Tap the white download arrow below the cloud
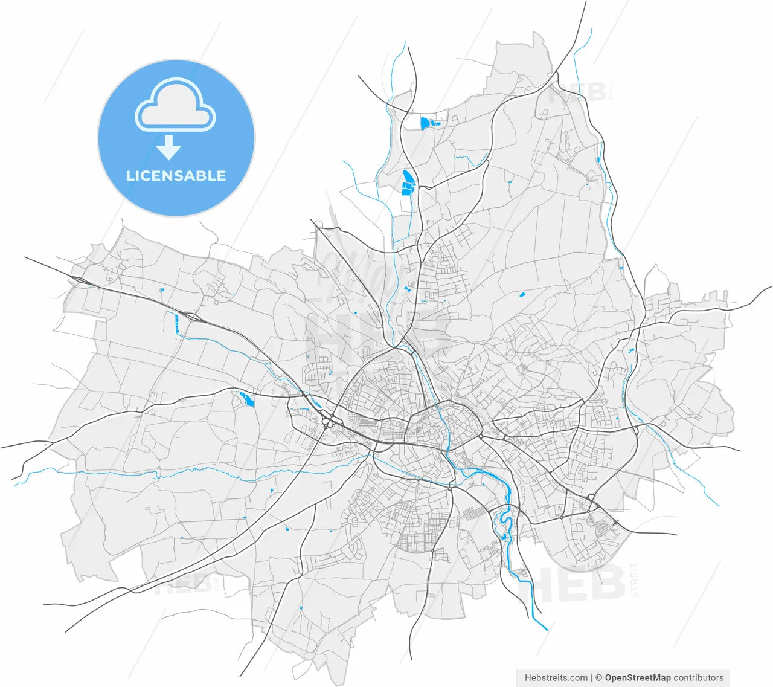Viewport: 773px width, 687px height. [x=168, y=147]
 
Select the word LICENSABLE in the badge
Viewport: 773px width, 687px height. [x=176, y=176]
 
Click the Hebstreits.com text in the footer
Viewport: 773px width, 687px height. [x=556, y=677]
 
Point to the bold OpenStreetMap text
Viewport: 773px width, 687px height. [x=638, y=677]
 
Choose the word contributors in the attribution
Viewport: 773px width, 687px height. [x=699, y=677]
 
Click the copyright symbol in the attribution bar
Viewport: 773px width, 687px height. [x=600, y=677]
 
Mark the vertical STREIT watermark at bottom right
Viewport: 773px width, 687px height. [x=634, y=580]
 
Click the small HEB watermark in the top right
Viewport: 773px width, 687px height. [x=577, y=92]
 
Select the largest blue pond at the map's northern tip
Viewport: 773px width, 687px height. [x=427, y=123]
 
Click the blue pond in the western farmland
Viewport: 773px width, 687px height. [x=246, y=398]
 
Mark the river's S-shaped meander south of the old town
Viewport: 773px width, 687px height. [x=505, y=526]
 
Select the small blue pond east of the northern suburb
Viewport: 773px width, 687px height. [x=521, y=295]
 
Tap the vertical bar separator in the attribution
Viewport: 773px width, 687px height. [x=592, y=677]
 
